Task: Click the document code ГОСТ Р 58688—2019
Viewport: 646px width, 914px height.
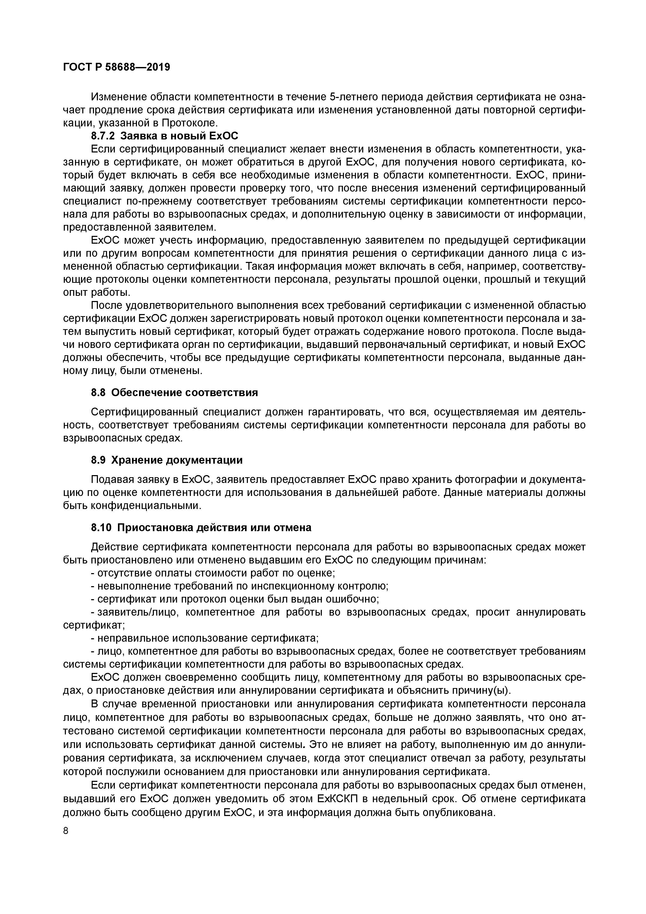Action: tap(117, 67)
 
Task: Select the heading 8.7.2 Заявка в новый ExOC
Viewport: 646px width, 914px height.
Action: tap(164, 136)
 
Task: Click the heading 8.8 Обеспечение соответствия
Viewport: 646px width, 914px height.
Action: tap(174, 392)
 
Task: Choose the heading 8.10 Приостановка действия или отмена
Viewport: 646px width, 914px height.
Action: tap(201, 527)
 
